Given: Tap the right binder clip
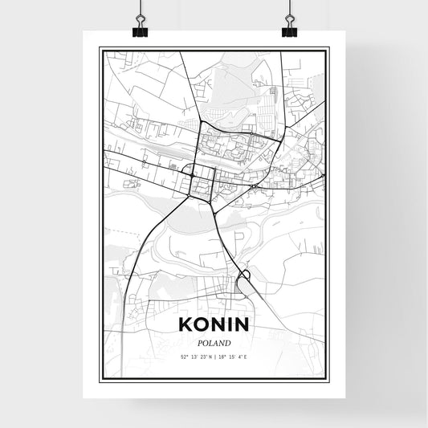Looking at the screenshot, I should pos(289,29).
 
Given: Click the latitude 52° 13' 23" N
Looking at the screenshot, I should pos(192,355).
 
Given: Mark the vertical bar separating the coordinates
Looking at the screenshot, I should pos(214,355).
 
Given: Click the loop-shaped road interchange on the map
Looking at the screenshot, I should pos(245,277).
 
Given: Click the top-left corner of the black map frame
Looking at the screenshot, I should pos(100,48).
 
